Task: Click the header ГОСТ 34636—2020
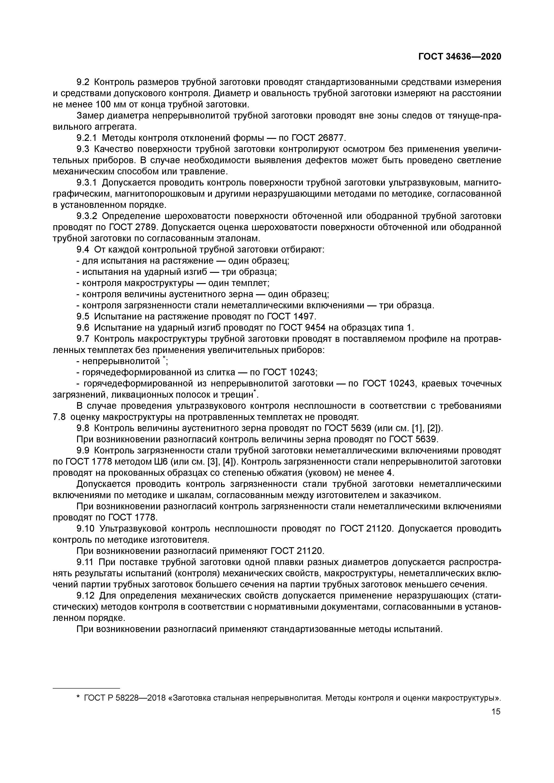pyautogui.click(x=460, y=56)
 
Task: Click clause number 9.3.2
pyautogui.click(x=87, y=216)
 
